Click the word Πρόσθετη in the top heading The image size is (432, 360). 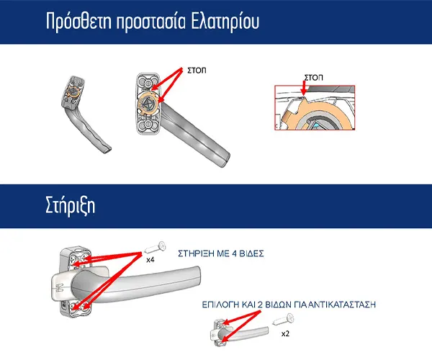(78, 21)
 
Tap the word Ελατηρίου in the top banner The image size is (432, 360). (225, 21)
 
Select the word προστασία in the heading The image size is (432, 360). (151, 22)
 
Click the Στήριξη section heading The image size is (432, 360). (71, 206)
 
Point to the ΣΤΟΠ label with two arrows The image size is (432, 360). (197, 71)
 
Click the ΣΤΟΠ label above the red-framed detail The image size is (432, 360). (313, 77)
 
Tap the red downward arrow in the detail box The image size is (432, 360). (304, 88)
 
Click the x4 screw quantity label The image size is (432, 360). (150, 259)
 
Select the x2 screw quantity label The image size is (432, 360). (285, 333)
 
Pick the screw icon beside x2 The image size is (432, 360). (284, 319)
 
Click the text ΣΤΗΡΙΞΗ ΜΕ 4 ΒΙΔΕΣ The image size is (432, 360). (221, 253)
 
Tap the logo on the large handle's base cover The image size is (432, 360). (59, 288)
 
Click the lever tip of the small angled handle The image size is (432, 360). (107, 149)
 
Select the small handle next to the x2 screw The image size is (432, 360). (238, 333)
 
